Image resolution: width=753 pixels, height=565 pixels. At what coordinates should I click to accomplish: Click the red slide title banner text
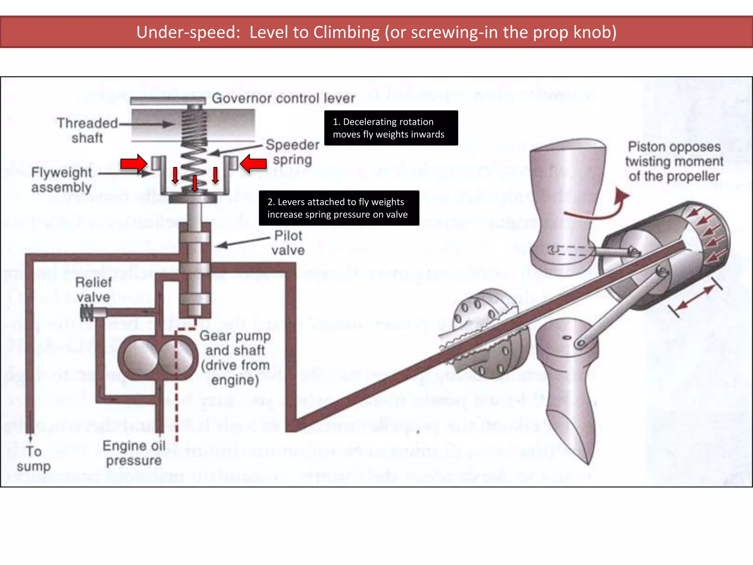click(x=376, y=32)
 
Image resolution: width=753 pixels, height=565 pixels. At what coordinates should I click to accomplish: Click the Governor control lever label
click(x=283, y=98)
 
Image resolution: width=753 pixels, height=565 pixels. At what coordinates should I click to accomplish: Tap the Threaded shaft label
click(x=87, y=130)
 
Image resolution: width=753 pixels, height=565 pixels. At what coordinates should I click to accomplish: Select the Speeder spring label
click(x=293, y=152)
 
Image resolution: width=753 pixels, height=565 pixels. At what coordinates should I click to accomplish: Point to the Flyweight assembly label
click(x=61, y=180)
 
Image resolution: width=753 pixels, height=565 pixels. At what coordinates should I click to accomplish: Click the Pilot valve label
click(x=288, y=243)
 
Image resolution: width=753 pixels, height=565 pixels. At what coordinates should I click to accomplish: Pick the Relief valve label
click(x=93, y=289)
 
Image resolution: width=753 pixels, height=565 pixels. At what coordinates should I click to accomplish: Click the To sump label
click(x=33, y=458)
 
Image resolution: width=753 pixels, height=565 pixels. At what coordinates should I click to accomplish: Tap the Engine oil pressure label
click(x=134, y=453)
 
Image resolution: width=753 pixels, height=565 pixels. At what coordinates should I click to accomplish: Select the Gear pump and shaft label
click(x=235, y=358)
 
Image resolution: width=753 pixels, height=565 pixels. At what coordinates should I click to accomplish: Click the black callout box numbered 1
click(x=391, y=128)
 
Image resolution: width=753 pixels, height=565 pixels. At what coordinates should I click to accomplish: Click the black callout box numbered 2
click(x=339, y=208)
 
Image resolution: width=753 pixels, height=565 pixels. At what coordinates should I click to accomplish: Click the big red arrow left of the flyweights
click(x=133, y=163)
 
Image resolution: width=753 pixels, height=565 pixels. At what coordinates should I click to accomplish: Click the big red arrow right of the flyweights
click(x=254, y=163)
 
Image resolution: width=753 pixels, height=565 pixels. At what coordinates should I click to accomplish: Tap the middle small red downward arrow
click(x=195, y=183)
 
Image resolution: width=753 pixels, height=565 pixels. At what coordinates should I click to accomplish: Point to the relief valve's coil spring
click(x=87, y=313)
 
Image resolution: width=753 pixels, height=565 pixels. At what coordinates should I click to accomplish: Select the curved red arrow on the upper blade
click(x=599, y=208)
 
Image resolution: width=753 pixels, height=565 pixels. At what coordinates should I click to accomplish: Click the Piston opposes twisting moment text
click(x=674, y=161)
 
